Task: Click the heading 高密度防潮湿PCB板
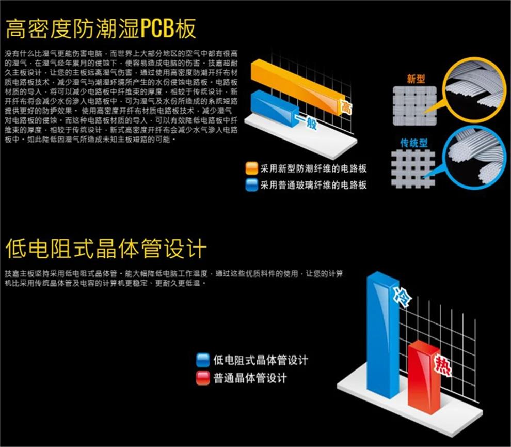(101, 29)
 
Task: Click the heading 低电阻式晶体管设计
(106, 249)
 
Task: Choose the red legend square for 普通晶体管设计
(203, 378)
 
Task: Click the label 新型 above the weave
(416, 79)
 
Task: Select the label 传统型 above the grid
(414, 143)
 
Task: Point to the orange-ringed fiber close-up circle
(474, 86)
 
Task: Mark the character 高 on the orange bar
(345, 107)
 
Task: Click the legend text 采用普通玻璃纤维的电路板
(313, 184)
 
